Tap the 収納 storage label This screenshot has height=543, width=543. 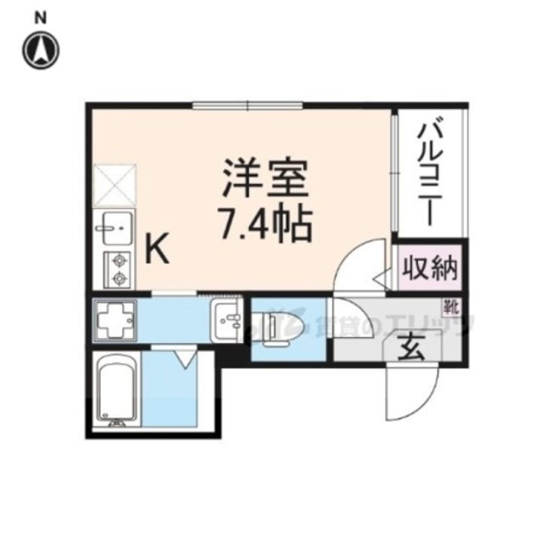tap(429, 268)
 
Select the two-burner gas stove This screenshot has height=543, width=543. tap(117, 270)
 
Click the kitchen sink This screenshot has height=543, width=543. tap(115, 228)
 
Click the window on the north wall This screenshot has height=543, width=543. tap(247, 106)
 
